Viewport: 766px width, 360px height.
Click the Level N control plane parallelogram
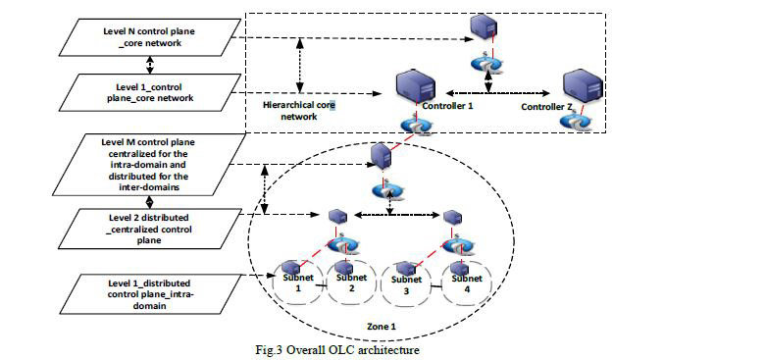(x=150, y=37)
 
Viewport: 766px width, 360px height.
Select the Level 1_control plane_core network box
(x=150, y=92)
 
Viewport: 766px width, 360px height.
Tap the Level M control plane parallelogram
(x=150, y=165)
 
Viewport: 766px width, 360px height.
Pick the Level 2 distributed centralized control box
(x=150, y=229)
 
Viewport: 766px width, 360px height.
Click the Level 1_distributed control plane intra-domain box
(x=150, y=294)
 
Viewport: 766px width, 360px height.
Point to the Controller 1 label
(x=448, y=106)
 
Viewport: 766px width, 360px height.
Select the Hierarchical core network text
(x=299, y=111)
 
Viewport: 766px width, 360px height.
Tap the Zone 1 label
(x=382, y=326)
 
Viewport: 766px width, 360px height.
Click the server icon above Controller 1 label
(x=414, y=86)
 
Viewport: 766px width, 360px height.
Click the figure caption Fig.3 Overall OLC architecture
(x=337, y=350)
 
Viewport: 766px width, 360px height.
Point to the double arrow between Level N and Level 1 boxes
(x=150, y=65)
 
